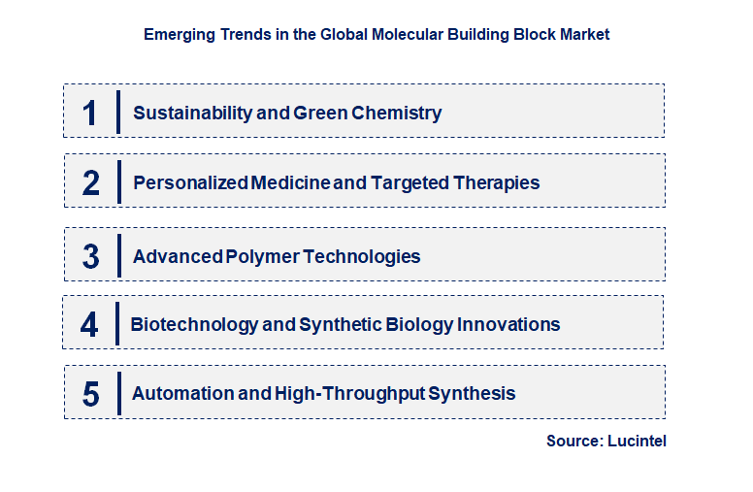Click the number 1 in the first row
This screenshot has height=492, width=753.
point(89,113)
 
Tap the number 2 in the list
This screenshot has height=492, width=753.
point(90,182)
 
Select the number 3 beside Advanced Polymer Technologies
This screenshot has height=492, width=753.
point(90,256)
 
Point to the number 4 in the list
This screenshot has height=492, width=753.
point(89,324)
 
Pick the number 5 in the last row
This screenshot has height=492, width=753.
point(90,394)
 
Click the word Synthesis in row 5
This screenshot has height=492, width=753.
point(472,394)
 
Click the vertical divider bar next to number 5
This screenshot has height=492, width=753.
point(118,392)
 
